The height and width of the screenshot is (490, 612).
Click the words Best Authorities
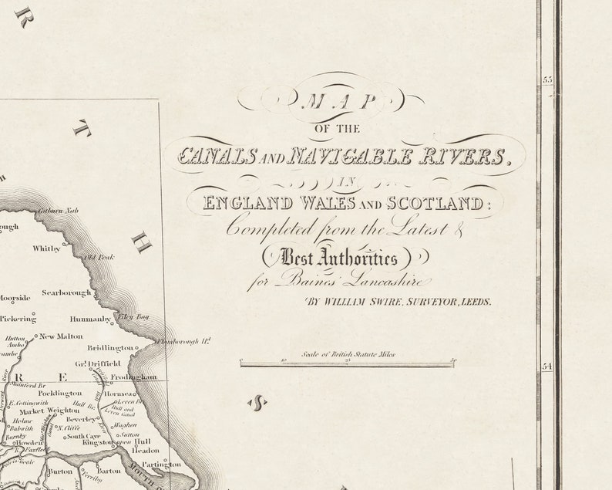click(x=340, y=258)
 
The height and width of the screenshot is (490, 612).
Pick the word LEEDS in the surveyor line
click(x=476, y=302)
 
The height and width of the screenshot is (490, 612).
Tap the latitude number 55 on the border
click(x=548, y=79)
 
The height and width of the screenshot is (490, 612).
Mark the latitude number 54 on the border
click(x=548, y=367)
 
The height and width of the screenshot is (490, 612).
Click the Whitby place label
click(x=46, y=248)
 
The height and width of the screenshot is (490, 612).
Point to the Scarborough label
click(x=67, y=293)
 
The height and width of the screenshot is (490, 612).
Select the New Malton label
click(x=61, y=336)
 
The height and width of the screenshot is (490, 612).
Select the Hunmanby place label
click(x=91, y=318)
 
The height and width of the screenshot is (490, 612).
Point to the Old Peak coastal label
click(x=100, y=257)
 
